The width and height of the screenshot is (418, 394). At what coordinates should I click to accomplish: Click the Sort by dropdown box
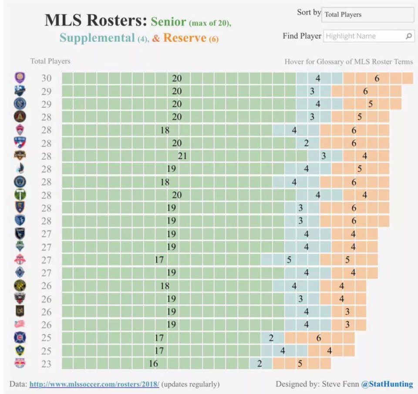tap(367, 14)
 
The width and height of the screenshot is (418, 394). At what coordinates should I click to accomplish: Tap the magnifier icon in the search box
tap(408, 36)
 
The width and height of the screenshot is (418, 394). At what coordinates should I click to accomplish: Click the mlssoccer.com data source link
tap(94, 384)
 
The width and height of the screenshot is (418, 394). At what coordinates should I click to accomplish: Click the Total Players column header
tap(50, 61)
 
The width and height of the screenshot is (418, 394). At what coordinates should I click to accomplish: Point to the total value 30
tap(46, 78)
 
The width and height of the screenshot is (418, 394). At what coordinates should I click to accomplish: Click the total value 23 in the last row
tap(46, 363)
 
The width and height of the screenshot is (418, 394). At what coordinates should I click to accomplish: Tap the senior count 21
tap(182, 156)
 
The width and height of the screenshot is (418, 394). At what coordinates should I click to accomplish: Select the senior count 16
tap(153, 363)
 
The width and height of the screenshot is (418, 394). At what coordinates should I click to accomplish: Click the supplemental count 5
tap(289, 260)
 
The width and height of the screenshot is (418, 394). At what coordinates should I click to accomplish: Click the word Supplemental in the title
tap(97, 38)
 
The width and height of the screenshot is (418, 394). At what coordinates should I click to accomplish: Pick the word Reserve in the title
tap(185, 38)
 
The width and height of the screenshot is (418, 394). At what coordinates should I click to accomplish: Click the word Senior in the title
tap(169, 22)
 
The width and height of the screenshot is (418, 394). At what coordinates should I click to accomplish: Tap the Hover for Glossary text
tap(348, 61)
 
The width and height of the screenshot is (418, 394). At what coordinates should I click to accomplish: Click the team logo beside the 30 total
tap(20, 78)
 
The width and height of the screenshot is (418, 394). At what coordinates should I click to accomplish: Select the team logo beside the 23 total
tap(20, 363)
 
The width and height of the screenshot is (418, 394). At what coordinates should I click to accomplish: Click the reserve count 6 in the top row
tap(377, 78)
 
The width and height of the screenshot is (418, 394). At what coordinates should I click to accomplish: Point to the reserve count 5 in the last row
tap(300, 363)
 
